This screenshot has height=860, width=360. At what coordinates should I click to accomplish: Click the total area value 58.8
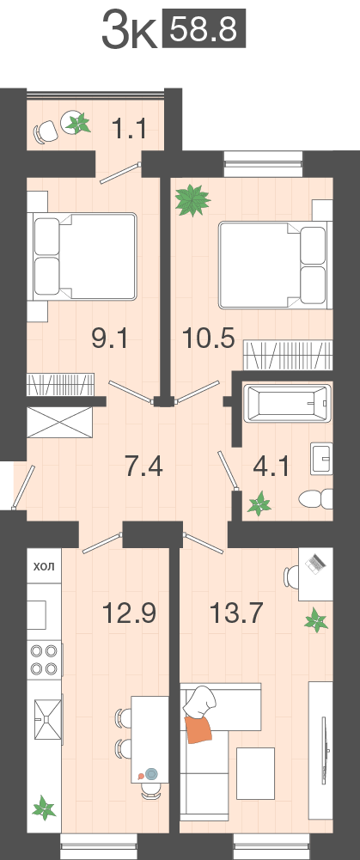click(204, 31)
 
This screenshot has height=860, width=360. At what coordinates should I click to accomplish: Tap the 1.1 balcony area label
click(128, 129)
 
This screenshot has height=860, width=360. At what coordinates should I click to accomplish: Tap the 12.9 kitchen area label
click(130, 612)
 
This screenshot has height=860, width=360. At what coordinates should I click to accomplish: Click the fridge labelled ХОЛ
click(45, 565)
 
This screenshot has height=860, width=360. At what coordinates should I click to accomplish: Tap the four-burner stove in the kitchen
click(45, 661)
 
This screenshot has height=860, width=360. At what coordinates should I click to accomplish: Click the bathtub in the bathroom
click(287, 404)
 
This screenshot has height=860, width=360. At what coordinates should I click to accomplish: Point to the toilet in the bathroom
click(316, 499)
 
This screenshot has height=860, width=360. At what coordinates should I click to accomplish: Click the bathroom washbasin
click(321, 458)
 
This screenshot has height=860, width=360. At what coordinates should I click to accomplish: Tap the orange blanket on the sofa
click(199, 729)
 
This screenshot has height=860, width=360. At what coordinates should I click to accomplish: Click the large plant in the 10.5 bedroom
click(192, 199)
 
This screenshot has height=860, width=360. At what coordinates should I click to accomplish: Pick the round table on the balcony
click(75, 122)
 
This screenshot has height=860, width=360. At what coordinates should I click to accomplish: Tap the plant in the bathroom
click(259, 503)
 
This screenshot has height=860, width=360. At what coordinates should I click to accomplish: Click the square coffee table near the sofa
click(255, 773)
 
